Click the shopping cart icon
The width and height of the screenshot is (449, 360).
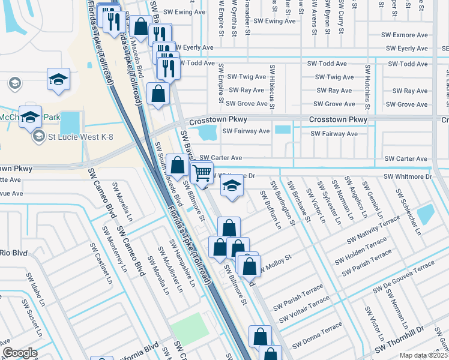tap(202, 172)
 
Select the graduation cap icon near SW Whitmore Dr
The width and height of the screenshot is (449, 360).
tap(232, 185)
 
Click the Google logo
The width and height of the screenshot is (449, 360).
tap(20, 353)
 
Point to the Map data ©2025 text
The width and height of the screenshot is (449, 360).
tap(423, 355)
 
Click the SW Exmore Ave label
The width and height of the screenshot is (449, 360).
tap(405, 35)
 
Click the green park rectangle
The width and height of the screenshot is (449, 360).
tap(191, 329)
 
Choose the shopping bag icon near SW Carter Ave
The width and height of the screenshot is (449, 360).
tap(178, 164)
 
